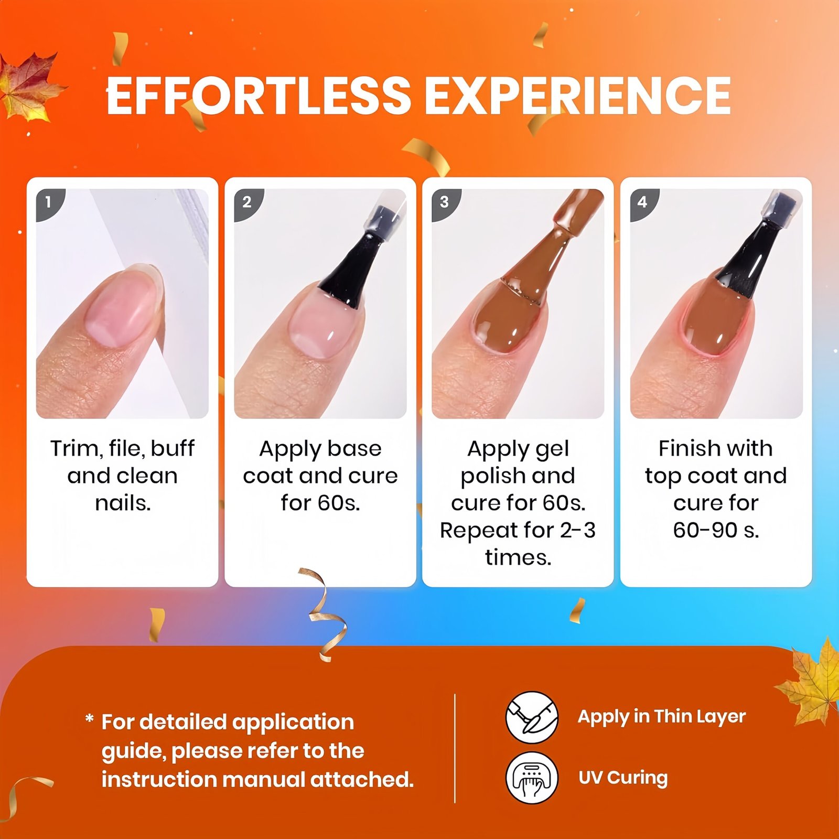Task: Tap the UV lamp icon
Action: [532, 777]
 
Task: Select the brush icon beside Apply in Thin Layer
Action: [532, 717]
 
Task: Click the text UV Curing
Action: [623, 778]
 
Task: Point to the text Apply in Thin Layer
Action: [662, 717]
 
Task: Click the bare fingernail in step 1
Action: [122, 306]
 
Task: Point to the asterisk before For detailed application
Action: [90, 718]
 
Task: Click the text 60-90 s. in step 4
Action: [716, 530]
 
